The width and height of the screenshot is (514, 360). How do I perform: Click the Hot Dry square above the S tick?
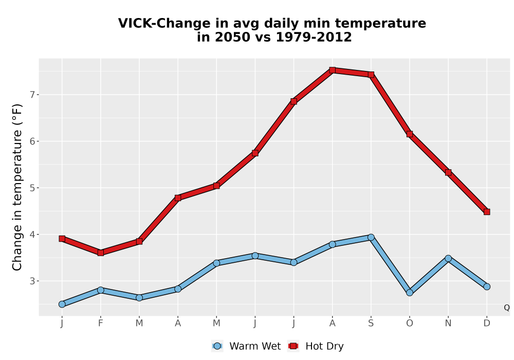(371, 75)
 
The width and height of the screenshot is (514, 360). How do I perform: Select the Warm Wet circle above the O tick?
(410, 293)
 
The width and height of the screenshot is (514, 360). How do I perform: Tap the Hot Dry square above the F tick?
(101, 253)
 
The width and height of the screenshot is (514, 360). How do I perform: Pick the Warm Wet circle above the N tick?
(448, 258)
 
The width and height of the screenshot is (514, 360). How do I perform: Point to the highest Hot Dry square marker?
(333, 70)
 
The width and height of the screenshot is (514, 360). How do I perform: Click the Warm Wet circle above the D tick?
(487, 286)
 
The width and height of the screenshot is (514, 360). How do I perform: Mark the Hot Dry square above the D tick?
(487, 212)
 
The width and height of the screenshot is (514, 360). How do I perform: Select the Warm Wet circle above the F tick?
(101, 290)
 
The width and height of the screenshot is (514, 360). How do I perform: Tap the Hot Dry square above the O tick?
(410, 134)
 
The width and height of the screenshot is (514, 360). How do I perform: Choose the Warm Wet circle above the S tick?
(371, 238)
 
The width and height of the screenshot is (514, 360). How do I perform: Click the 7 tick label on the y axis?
(32, 95)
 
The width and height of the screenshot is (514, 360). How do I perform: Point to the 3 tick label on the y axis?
(32, 281)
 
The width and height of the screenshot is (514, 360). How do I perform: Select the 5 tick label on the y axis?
(32, 188)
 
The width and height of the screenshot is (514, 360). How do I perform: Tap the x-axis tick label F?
(101, 323)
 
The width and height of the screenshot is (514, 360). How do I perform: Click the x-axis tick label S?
(371, 323)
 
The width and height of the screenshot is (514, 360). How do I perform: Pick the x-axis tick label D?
(487, 323)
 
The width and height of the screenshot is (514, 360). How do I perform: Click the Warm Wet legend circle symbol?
(217, 346)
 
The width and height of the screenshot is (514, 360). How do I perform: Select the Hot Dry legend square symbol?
(293, 346)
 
